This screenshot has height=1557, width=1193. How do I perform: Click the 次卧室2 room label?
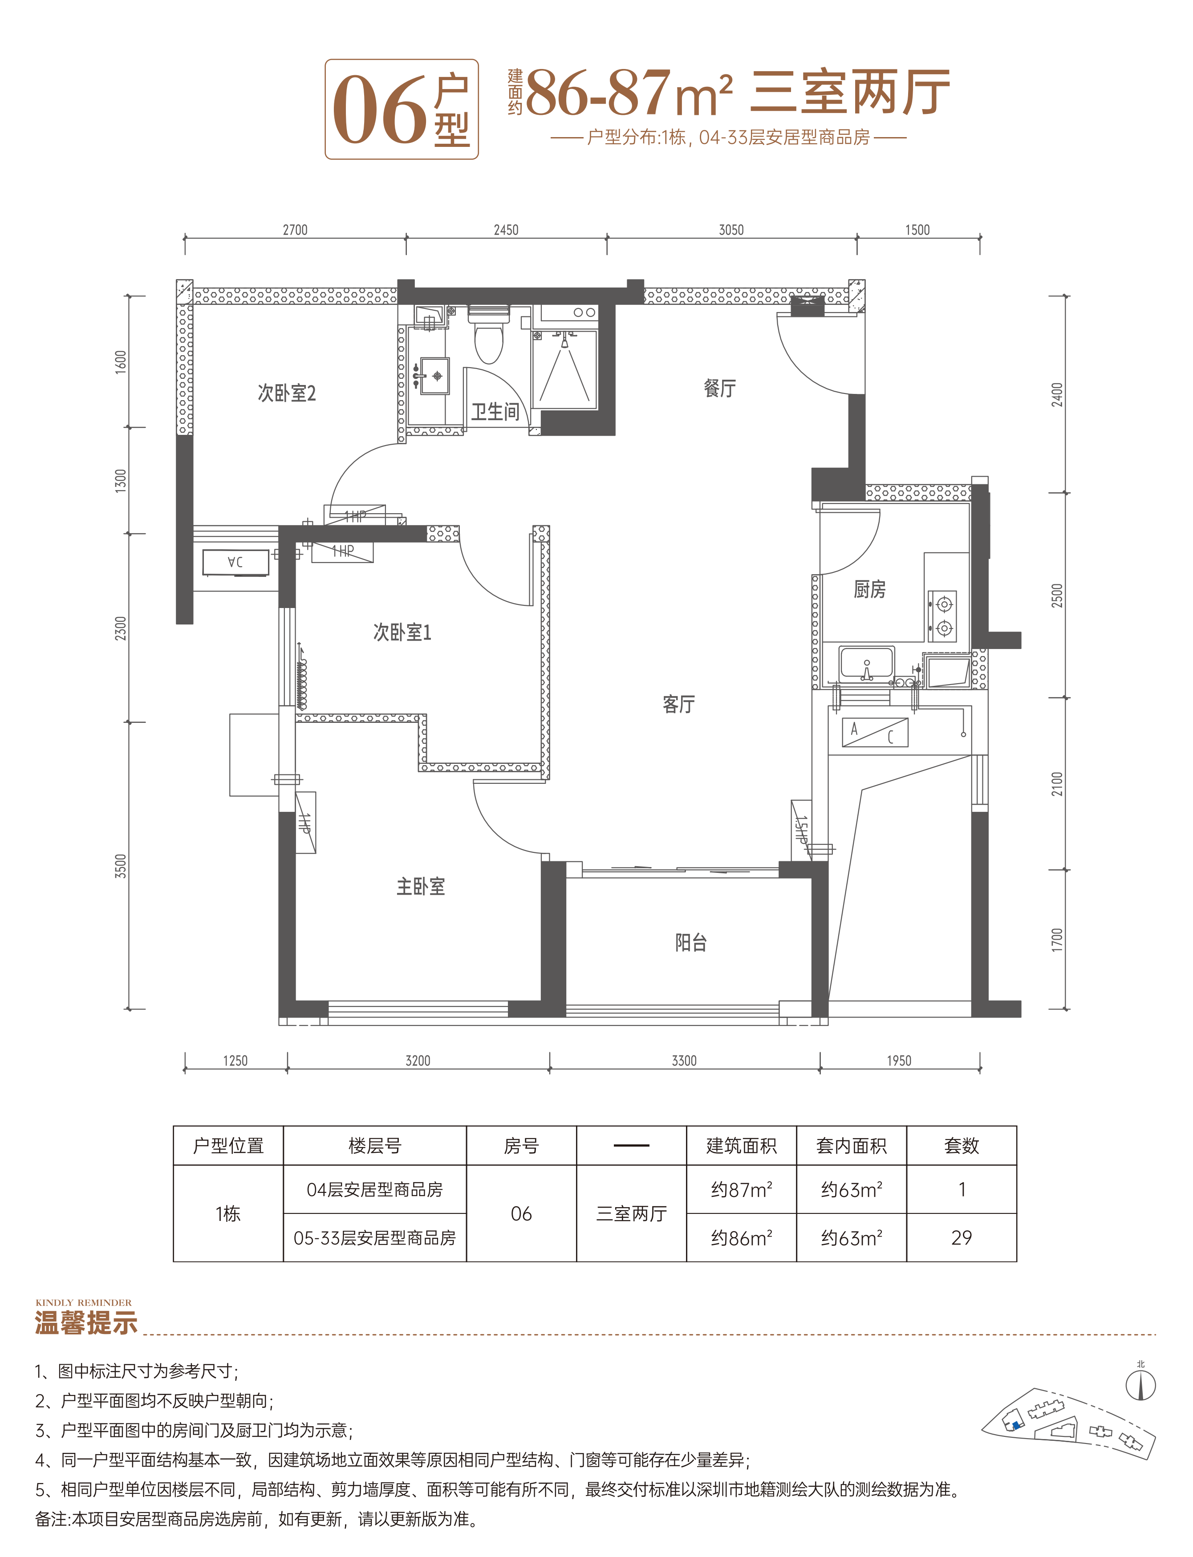click(x=286, y=393)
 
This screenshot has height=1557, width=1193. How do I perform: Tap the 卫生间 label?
click(x=495, y=412)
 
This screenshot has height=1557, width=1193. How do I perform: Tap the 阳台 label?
click(x=690, y=942)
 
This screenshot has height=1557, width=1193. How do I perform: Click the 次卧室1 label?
click(x=402, y=632)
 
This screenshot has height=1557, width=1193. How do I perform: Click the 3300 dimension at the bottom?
click(x=684, y=1061)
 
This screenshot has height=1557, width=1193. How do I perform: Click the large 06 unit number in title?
click(x=380, y=110)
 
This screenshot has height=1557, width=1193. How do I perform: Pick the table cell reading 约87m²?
click(x=741, y=1189)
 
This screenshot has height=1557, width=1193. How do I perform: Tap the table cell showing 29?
click(x=962, y=1237)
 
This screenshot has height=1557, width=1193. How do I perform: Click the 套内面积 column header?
click(x=852, y=1145)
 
